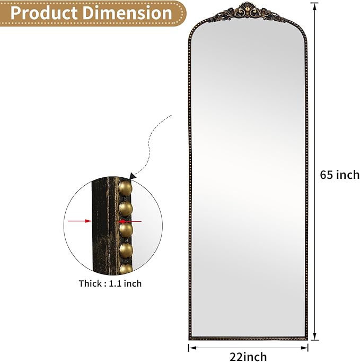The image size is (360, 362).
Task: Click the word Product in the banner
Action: (x=45, y=13)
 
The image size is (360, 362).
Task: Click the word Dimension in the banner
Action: (x=128, y=13)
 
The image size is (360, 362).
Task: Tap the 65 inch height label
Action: (x=340, y=175)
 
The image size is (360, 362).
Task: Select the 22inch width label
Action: (x=248, y=357)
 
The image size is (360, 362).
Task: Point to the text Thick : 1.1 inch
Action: (x=110, y=283)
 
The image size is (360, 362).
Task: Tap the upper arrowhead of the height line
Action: (x=314, y=6)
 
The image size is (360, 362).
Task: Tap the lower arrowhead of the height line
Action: (x=314, y=337)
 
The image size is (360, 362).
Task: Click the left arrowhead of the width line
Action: (x=192, y=348)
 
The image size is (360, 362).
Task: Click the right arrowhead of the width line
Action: (x=304, y=348)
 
